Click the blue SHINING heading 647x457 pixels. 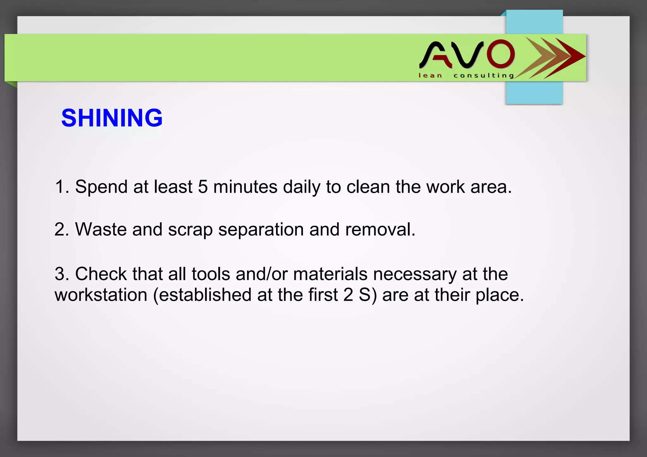click(x=112, y=118)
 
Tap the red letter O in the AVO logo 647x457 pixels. click(x=500, y=54)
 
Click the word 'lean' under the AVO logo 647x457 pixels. click(x=430, y=75)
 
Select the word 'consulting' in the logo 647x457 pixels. click(x=484, y=75)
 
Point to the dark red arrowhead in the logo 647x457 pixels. click(x=569, y=57)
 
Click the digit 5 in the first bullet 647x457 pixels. click(x=203, y=187)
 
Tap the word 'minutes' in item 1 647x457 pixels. click(x=245, y=187)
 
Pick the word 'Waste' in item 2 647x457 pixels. click(x=101, y=229)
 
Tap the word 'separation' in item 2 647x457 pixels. click(x=261, y=230)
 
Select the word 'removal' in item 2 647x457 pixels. click(x=378, y=229)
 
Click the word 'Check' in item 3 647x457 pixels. click(x=101, y=274)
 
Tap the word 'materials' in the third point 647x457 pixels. click(x=330, y=274)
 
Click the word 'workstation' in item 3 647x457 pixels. click(x=101, y=295)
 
